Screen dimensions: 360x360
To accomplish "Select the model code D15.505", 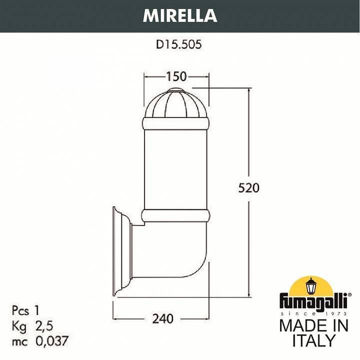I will (178, 45).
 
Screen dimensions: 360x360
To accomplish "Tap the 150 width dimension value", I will (176, 76).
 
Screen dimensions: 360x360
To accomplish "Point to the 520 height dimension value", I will (248, 188).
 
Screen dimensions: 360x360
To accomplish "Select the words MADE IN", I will (313, 325).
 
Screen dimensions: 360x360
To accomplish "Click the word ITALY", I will (313, 341).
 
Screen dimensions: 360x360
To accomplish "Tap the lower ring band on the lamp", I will (176, 215).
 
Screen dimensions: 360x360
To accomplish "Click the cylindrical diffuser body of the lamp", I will (176, 167).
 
